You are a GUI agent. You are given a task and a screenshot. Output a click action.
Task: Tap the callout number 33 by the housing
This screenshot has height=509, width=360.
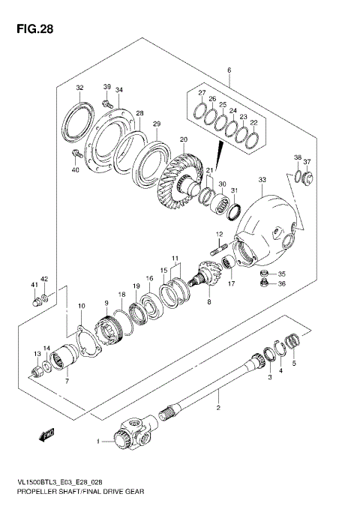coord(261,180)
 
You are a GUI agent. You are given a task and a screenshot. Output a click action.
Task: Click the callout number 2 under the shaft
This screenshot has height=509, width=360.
coord(218,409)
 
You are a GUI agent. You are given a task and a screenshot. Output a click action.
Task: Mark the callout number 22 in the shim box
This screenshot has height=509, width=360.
coord(253,121)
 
